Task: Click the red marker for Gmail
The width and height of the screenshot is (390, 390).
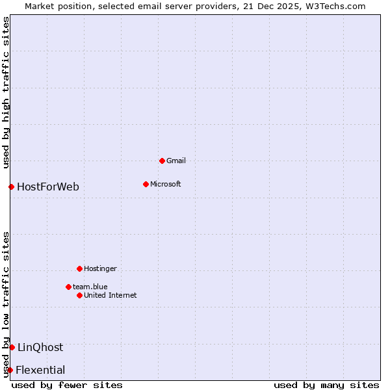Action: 162,161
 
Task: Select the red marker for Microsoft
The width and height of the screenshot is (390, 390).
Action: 146,184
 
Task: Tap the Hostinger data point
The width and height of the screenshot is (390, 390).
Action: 79,268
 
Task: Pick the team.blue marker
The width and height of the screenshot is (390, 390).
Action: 68,287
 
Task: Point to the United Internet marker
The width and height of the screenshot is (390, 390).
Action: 79,295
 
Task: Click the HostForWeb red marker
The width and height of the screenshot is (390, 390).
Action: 11,187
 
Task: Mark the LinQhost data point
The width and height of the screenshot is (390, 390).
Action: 12,347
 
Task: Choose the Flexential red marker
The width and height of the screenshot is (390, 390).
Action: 10,370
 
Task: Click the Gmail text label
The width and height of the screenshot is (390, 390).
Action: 176,161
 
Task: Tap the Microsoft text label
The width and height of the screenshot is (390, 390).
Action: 165,184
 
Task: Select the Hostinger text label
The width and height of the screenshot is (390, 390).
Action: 100,268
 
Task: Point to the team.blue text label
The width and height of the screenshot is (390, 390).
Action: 90,287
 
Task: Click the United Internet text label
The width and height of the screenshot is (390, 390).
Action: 110,295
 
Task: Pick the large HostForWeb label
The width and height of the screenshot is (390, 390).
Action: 48,187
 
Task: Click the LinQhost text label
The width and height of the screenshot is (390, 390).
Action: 40,347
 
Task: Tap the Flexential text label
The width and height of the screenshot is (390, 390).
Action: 40,370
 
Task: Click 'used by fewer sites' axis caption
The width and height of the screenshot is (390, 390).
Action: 67,385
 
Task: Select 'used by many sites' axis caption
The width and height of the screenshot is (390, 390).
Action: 326,385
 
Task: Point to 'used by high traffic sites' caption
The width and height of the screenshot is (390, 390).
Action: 6,93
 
